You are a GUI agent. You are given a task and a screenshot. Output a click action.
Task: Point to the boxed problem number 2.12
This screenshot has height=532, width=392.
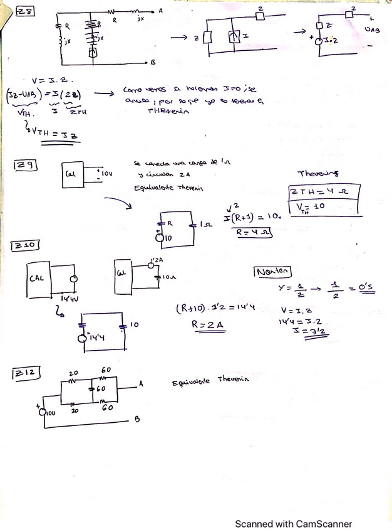[27, 374]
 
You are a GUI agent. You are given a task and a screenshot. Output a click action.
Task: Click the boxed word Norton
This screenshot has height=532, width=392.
[272, 272]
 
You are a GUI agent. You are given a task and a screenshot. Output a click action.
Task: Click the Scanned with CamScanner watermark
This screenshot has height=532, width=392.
[293, 524]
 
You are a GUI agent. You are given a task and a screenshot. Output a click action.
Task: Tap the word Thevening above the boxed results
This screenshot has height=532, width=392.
[317, 173]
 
